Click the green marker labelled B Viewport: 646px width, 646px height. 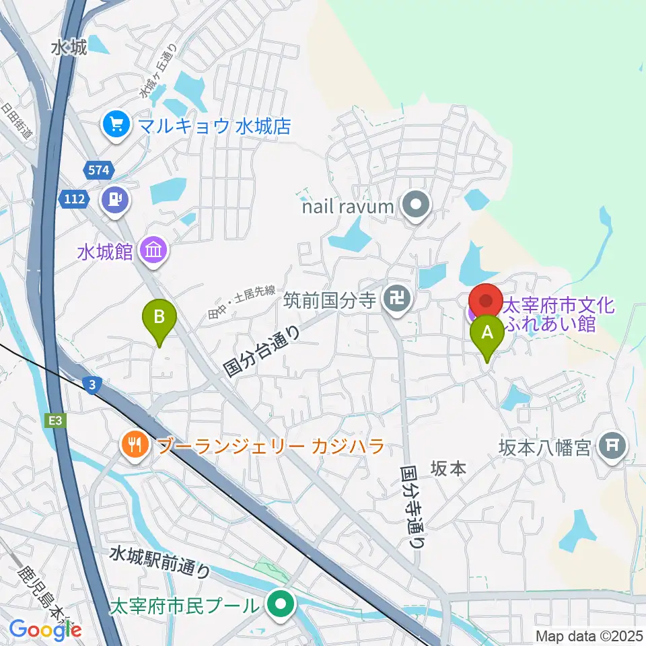159,317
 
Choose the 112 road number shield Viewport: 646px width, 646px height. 72,198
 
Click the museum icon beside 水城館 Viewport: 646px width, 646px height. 154,252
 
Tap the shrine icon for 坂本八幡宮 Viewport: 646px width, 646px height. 614,445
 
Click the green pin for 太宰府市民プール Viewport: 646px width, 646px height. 279,604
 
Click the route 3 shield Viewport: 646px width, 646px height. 92,384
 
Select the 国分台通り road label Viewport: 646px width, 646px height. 262,350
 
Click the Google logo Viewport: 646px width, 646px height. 45,630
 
